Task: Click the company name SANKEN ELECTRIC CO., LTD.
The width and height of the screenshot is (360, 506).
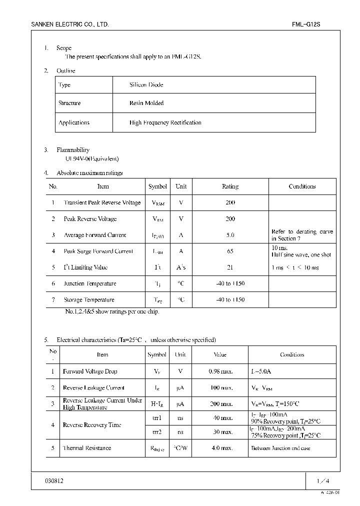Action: pyautogui.click(x=70, y=24)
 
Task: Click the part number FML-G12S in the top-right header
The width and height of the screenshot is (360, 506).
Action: pyautogui.click(x=306, y=24)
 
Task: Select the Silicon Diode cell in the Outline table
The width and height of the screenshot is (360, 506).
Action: pyautogui.click(x=146, y=85)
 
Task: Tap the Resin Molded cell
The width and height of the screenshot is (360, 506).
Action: pyautogui.click(x=146, y=103)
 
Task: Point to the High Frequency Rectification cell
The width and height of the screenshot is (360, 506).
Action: pyautogui.click(x=165, y=122)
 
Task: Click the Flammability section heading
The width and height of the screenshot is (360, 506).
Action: pyautogui.click(x=73, y=150)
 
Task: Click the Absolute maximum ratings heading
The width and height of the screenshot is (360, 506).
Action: pyautogui.click(x=89, y=173)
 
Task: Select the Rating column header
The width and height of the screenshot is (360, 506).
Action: pyautogui.click(x=230, y=186)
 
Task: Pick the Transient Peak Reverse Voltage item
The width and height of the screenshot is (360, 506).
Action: pyautogui.click(x=102, y=203)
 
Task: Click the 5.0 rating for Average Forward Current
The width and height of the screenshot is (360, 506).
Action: pyautogui.click(x=230, y=235)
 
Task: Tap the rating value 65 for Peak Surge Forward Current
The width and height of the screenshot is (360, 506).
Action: pyautogui.click(x=230, y=251)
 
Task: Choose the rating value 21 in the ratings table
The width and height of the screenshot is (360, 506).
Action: pyautogui.click(x=230, y=267)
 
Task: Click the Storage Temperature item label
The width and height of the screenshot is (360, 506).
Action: pyautogui.click(x=89, y=300)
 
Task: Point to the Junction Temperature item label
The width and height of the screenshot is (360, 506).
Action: pyautogui.click(x=90, y=283)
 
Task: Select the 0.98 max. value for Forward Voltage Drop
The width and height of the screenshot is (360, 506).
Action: pyautogui.click(x=220, y=371)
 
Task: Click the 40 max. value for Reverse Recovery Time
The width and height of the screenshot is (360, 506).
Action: pyautogui.click(x=220, y=418)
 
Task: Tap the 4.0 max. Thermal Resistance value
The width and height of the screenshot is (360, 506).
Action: pyautogui.click(x=220, y=448)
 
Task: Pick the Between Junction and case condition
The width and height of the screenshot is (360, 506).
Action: pyautogui.click(x=280, y=448)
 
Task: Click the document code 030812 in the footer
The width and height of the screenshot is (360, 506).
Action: pyautogui.click(x=54, y=480)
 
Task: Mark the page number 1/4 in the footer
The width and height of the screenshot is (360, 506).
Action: pyautogui.click(x=323, y=481)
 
